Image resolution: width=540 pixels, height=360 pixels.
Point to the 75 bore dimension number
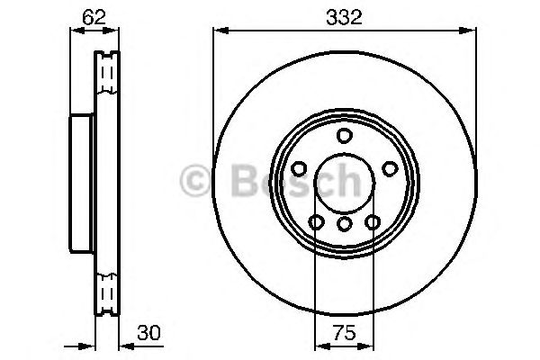[x=343, y=332]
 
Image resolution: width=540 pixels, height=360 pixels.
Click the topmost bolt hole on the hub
[x=343, y=136]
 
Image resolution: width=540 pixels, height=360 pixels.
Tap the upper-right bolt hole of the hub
[x=389, y=168]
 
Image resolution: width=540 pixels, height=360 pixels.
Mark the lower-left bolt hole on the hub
[x=315, y=222]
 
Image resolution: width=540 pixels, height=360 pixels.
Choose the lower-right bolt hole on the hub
[x=372, y=222]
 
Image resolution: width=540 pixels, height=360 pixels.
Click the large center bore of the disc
[x=343, y=184]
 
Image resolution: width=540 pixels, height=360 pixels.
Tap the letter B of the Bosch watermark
[x=237, y=183]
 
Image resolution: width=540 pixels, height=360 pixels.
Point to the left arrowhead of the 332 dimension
[x=218, y=31]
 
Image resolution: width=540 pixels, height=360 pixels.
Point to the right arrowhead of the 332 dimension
[x=470, y=31]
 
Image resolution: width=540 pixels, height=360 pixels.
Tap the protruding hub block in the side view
[x=81, y=184]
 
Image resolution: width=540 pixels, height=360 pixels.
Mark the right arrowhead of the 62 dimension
[x=114, y=31]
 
